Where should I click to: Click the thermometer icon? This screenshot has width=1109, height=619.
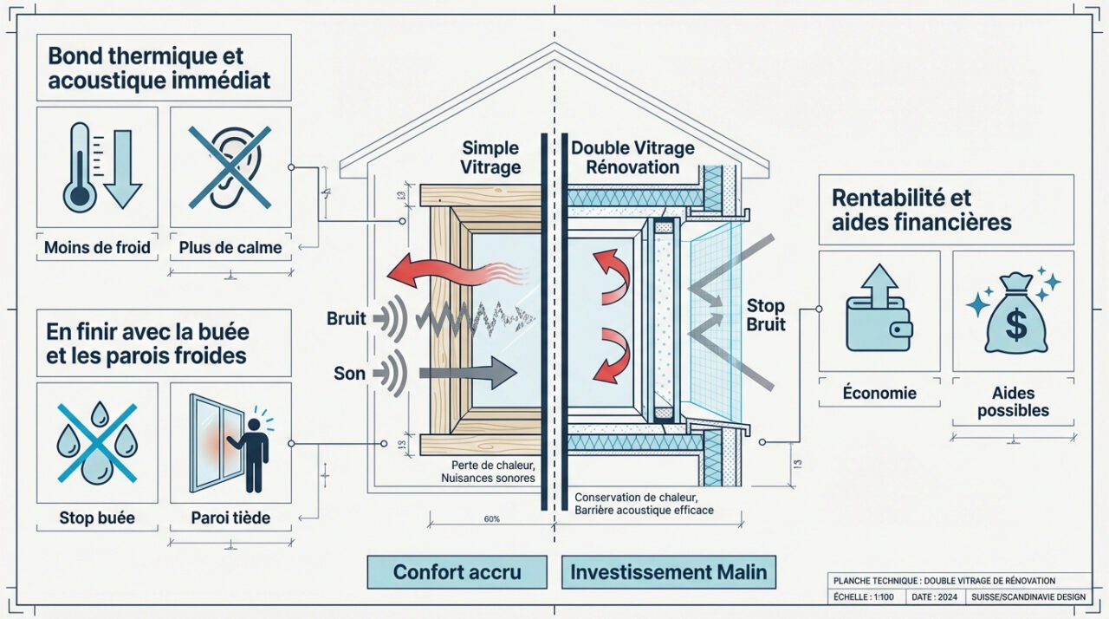(x=81, y=166)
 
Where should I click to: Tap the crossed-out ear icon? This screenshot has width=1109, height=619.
(x=230, y=166)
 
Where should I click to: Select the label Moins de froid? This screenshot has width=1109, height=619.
(x=97, y=248)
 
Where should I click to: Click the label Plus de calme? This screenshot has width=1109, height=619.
(x=230, y=248)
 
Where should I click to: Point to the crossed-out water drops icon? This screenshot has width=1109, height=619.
(x=97, y=442)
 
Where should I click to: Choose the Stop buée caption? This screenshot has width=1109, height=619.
(x=97, y=518)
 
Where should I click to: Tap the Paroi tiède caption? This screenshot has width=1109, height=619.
(x=230, y=518)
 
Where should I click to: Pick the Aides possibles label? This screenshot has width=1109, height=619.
(x=1013, y=401)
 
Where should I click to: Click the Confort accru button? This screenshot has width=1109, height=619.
(x=457, y=572)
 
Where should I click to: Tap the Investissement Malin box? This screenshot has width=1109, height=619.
(x=668, y=572)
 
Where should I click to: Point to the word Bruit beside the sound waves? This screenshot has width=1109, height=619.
(x=347, y=318)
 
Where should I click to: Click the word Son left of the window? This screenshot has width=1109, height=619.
(x=349, y=375)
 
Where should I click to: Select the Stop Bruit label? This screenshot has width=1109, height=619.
(x=766, y=315)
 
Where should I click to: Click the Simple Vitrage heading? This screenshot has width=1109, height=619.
(x=490, y=157)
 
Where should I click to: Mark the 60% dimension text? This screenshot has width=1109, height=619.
(x=492, y=518)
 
